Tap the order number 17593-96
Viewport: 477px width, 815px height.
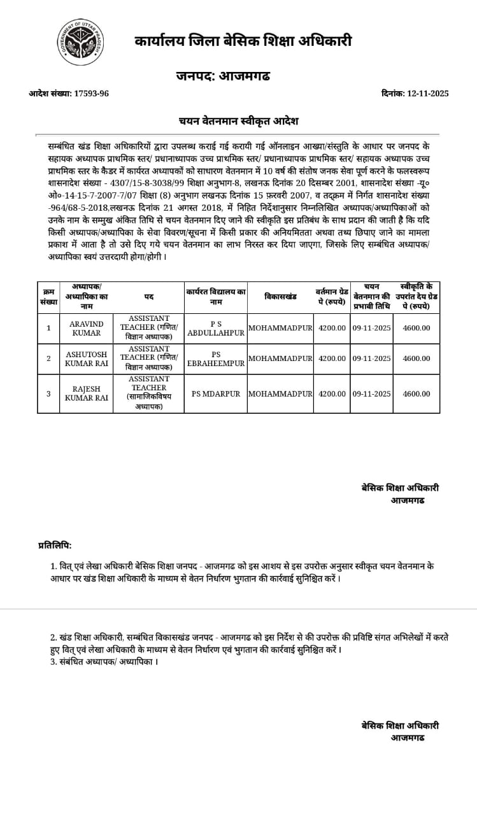(x=91, y=94)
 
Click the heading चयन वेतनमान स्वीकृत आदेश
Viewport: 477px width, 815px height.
(x=238, y=121)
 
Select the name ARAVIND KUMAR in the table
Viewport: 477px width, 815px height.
(x=86, y=329)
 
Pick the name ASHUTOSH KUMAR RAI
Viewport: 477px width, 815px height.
(x=86, y=358)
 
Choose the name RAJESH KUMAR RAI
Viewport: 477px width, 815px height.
(x=86, y=393)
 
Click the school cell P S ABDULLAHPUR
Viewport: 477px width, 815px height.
(x=216, y=329)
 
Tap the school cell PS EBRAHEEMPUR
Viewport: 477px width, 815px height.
(x=216, y=358)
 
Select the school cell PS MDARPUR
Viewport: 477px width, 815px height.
(x=216, y=393)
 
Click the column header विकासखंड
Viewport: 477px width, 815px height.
(x=281, y=297)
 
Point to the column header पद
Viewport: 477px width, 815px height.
(x=148, y=297)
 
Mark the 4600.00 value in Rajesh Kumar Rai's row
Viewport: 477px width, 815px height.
(x=416, y=393)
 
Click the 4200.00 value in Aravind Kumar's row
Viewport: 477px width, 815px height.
(x=332, y=328)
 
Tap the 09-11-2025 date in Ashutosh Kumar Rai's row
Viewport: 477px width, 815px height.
(x=372, y=358)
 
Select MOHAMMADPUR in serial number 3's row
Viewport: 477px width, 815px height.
(x=281, y=393)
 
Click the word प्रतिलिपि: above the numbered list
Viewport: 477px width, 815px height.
(x=55, y=545)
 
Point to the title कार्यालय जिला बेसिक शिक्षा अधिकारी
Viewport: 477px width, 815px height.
(x=243, y=41)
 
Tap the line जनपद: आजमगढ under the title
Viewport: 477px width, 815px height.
(x=223, y=76)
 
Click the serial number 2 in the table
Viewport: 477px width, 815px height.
(x=48, y=358)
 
